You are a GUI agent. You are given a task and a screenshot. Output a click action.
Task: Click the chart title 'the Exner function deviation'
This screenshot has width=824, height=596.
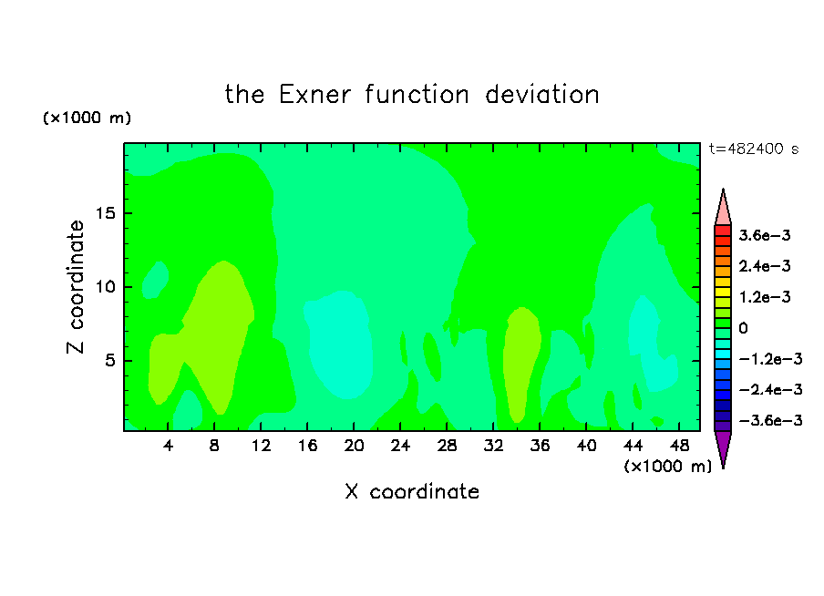[x=412, y=95]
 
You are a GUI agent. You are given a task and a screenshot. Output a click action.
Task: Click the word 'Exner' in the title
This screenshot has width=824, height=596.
[x=314, y=95]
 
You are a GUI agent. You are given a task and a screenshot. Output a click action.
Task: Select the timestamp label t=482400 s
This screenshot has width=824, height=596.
[x=754, y=149]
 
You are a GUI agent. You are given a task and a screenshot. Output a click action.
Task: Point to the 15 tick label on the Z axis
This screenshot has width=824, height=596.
[x=106, y=213]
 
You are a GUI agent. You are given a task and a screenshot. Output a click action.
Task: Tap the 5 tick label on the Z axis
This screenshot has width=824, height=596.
[x=109, y=361]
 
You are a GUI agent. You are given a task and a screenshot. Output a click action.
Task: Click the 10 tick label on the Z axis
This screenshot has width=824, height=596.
[x=106, y=287]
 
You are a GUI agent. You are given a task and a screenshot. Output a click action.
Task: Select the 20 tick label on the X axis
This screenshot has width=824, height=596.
[x=354, y=446]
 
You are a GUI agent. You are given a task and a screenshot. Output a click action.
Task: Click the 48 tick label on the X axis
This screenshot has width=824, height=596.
[x=679, y=446]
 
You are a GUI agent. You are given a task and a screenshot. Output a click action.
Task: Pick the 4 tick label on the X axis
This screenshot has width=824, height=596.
[x=168, y=446]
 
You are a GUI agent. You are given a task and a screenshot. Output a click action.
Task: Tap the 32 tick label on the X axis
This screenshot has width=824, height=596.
[x=493, y=446]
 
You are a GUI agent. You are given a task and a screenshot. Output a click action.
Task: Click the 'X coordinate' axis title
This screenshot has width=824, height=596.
[x=412, y=491]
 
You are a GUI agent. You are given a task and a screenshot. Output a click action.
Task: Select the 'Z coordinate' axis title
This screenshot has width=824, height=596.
[x=75, y=287]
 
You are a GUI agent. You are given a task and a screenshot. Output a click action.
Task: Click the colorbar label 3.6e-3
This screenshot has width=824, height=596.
[x=764, y=235]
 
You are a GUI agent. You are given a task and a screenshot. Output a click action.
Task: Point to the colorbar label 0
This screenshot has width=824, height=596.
[x=743, y=328]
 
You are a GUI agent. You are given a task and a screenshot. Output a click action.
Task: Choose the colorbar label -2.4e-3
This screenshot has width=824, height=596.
[x=770, y=389]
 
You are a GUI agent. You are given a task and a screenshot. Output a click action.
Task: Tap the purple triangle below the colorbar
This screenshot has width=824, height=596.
[x=723, y=447]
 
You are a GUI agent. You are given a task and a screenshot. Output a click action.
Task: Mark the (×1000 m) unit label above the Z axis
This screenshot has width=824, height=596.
[x=87, y=118]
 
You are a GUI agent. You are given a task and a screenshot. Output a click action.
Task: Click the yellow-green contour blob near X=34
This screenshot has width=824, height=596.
[x=520, y=363]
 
